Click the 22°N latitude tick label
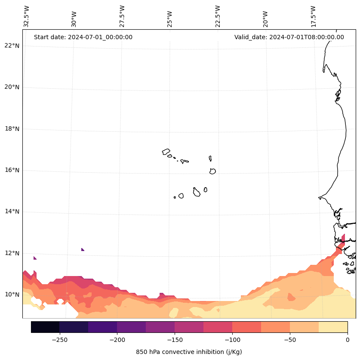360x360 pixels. tap(12, 46)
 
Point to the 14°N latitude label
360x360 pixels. tap(12, 211)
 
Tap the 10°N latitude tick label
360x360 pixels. tap(12, 295)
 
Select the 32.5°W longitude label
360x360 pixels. tap(27, 16)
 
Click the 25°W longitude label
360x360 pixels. tap(170, 18)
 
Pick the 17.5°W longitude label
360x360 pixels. tap(313, 16)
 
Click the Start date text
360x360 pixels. tap(83, 37)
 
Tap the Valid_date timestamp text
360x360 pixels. tap(289, 37)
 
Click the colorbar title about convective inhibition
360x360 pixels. tap(189, 352)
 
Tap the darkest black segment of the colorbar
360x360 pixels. tap(45, 327)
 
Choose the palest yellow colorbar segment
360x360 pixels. tap(333, 327)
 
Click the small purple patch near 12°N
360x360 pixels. tap(83, 249)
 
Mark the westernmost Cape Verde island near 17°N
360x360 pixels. tap(166, 152)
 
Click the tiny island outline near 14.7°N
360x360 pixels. tap(175, 197)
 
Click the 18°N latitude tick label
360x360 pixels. tap(12, 129)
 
